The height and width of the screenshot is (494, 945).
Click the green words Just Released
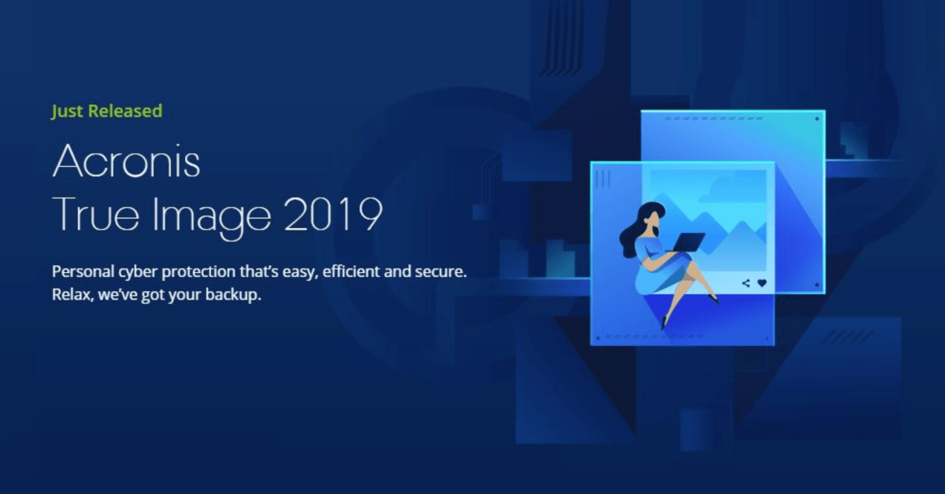tap(107, 112)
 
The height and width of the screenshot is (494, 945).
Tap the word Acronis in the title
tap(126, 161)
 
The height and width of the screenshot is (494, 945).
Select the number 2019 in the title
tap(333, 214)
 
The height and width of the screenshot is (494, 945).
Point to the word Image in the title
tap(211, 217)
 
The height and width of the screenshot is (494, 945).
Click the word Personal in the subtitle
tap(83, 272)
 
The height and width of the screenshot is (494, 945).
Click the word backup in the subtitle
tap(233, 295)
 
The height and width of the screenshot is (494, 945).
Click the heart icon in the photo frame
tap(762, 283)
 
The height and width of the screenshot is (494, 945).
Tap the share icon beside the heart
tap(746, 283)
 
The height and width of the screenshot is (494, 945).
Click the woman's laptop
tap(687, 242)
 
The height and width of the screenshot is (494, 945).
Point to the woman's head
tap(653, 216)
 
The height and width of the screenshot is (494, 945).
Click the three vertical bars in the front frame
tap(603, 179)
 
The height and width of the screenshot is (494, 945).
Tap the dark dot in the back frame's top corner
tap(817, 119)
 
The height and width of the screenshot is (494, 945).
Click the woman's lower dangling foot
tap(664, 323)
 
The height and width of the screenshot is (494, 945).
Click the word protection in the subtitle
tap(198, 272)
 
